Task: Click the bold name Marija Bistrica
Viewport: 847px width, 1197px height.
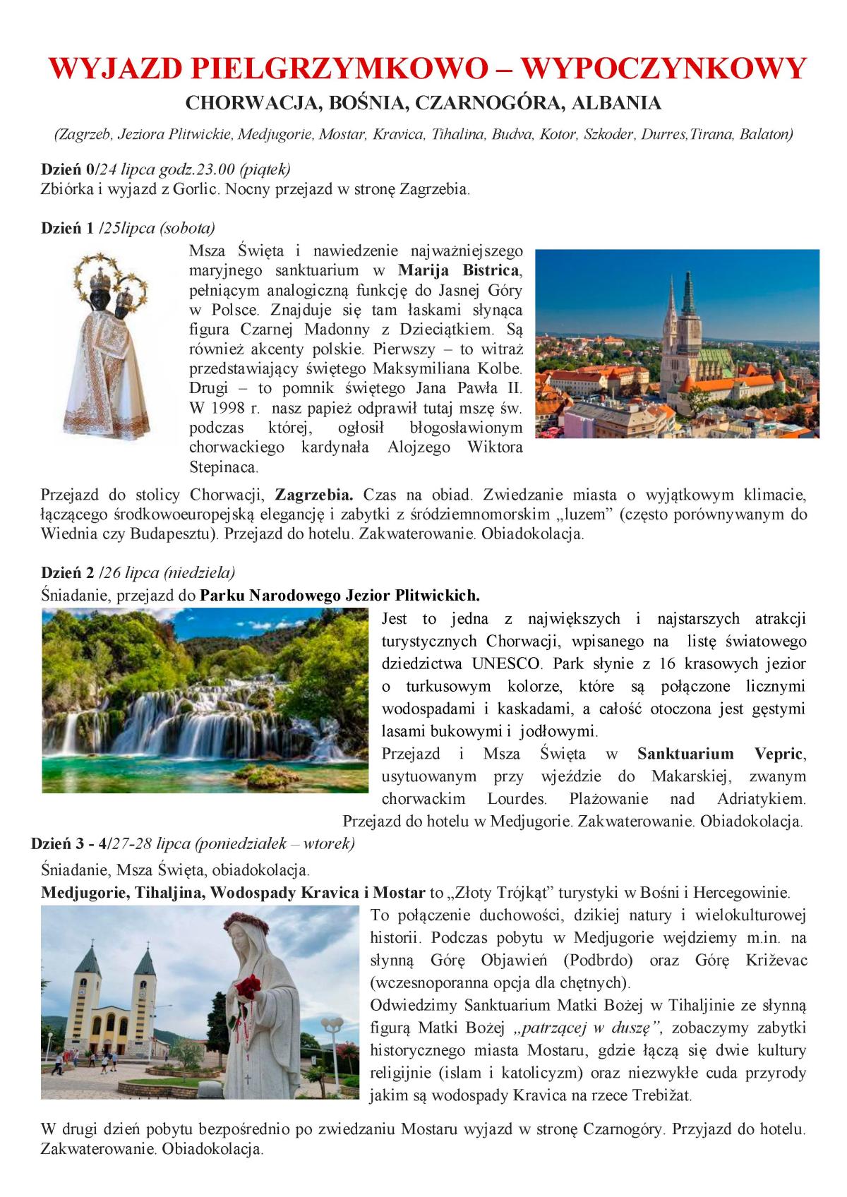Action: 459,270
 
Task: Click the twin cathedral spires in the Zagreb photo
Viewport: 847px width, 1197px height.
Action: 679,311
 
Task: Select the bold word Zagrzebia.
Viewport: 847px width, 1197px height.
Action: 314,494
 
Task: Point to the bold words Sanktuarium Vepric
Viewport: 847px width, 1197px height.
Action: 719,754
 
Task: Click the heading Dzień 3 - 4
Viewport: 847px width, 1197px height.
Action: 70,843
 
